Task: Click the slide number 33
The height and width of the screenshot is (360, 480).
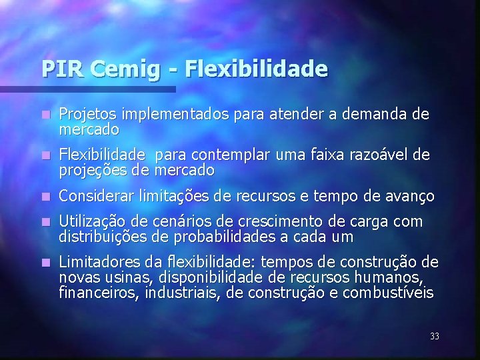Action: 435,337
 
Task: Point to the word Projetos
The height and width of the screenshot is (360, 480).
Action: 84,115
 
